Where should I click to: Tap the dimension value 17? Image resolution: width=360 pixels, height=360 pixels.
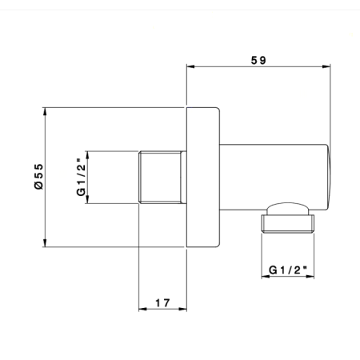pyautogui.click(x=162, y=303)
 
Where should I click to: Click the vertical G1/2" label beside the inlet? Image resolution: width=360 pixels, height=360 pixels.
pyautogui.click(x=80, y=177)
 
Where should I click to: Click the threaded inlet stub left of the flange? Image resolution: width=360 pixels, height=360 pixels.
pyautogui.click(x=163, y=177)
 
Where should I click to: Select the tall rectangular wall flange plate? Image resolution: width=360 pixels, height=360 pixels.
pyautogui.click(x=202, y=177)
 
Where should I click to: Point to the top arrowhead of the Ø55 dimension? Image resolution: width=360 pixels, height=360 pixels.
pyautogui.click(x=46, y=110)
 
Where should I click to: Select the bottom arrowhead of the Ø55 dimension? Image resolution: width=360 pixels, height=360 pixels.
pyautogui.click(x=46, y=243)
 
